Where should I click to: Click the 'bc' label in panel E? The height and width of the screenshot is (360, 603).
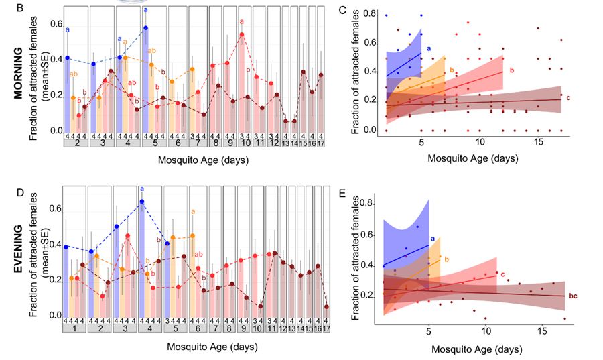(574, 296)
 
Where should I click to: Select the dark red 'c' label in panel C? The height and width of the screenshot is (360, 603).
(568, 99)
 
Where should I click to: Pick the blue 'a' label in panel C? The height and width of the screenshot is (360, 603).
(428, 47)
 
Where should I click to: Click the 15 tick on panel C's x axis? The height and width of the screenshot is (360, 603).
(538, 143)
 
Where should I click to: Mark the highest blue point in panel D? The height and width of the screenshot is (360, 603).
(142, 202)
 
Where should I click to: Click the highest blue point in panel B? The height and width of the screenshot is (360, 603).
(145, 27)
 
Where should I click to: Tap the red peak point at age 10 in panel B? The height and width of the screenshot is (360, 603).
(241, 35)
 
